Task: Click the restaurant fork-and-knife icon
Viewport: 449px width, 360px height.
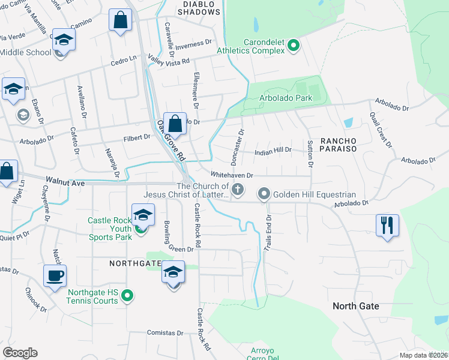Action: tap(387, 226)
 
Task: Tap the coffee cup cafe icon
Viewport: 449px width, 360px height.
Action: tap(55, 276)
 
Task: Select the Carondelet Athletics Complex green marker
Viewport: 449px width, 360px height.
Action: tap(294, 44)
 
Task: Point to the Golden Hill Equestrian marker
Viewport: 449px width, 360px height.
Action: tap(264, 194)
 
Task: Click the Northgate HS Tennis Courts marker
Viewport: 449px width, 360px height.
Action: tap(127, 296)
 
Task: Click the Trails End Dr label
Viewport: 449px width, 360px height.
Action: tap(268, 233)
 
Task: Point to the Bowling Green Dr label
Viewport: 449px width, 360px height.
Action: tap(178, 238)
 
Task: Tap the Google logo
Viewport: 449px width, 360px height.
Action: tap(20, 353)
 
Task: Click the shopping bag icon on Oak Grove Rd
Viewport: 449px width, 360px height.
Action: tap(175, 124)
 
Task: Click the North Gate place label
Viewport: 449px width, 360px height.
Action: tap(356, 306)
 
